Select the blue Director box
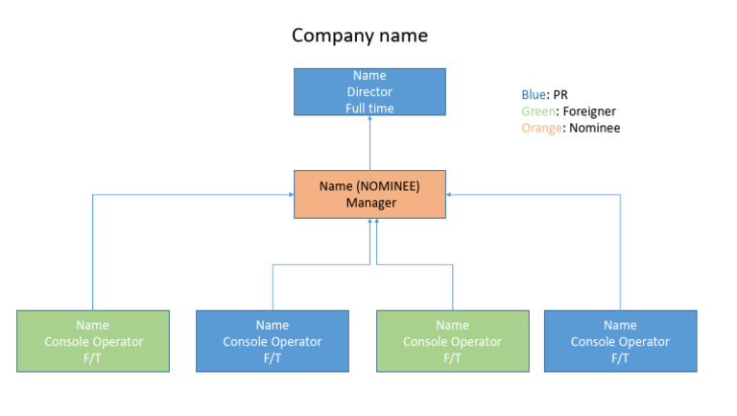(369, 91)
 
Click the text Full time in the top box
(369, 109)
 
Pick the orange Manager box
(369, 194)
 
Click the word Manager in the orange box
(370, 203)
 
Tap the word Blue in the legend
(533, 95)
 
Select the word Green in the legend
(537, 111)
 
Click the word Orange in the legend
(541, 128)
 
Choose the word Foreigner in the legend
(589, 111)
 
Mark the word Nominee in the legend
(595, 128)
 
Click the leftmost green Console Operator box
(93, 341)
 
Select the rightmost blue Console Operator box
(620, 341)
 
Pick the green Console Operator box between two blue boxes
(452, 341)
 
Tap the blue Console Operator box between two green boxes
(273, 341)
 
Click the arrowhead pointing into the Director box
(369, 119)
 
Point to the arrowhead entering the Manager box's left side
(289, 194)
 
